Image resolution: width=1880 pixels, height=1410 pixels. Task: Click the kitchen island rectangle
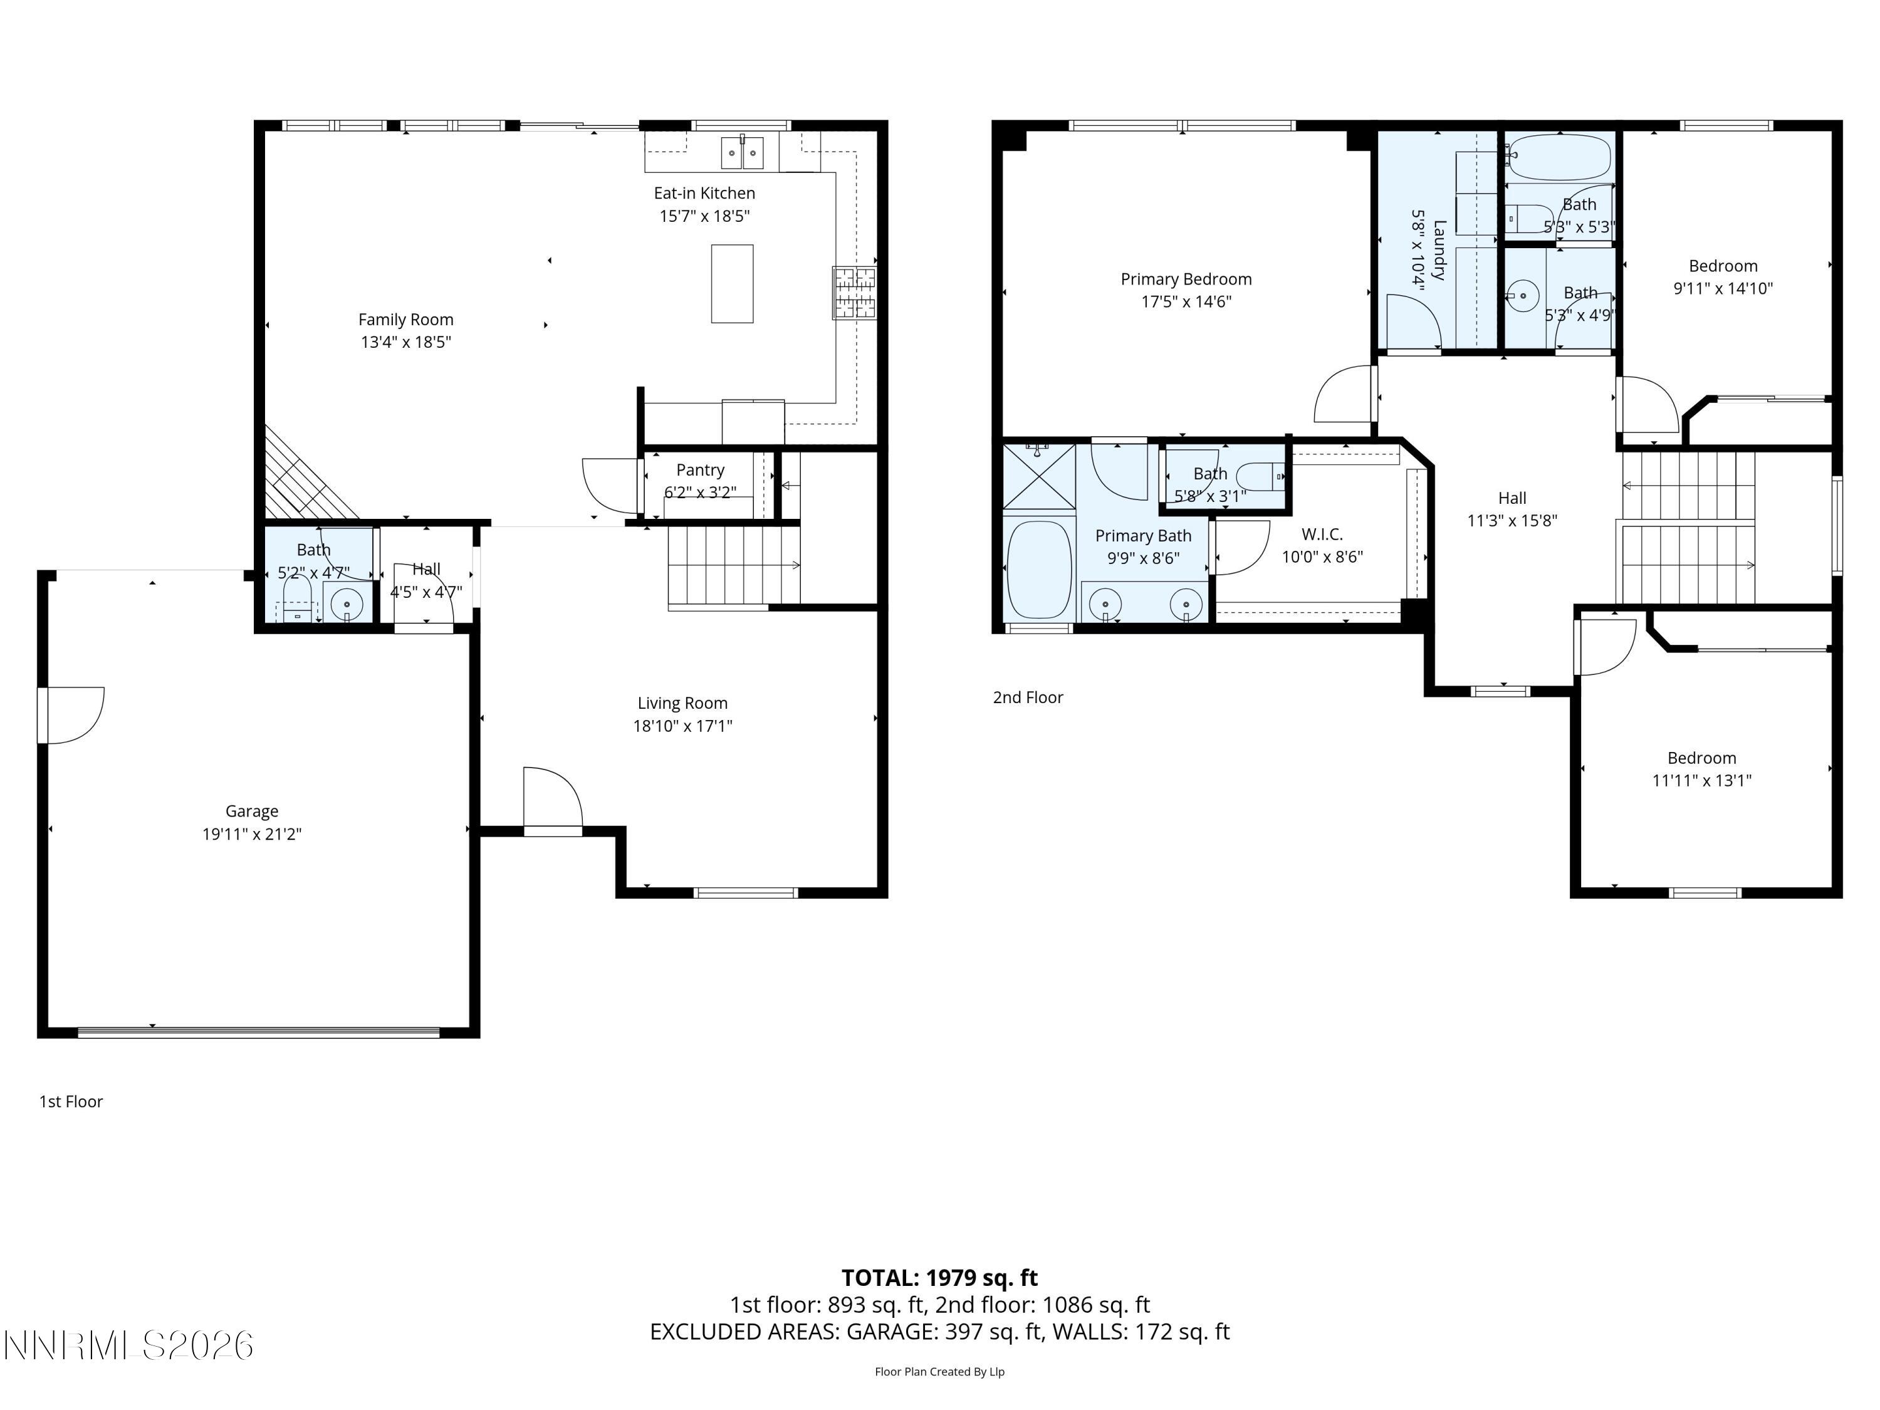732,283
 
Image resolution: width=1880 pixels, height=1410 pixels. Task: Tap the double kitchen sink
742,153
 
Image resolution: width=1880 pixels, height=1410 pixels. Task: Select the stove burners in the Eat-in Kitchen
854,293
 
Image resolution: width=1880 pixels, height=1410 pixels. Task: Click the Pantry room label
701,470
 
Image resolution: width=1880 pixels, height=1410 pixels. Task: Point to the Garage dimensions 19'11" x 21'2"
251,833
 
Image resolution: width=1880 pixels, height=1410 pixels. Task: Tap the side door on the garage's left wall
72,715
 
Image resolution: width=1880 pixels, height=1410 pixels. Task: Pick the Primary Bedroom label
1186,279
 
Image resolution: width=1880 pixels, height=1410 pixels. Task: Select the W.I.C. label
1322,535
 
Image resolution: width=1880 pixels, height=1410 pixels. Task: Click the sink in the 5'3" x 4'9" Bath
1522,296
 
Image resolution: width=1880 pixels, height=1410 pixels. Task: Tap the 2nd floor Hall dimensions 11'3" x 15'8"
1512,521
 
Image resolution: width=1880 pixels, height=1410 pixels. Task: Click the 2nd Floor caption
1028,697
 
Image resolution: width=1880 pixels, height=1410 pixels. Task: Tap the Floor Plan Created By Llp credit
939,1371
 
